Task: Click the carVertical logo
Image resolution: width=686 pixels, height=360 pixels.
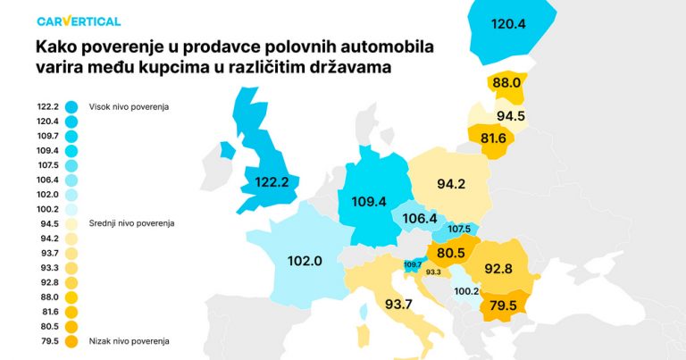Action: click(79, 21)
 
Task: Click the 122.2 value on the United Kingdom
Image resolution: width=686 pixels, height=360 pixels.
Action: click(271, 181)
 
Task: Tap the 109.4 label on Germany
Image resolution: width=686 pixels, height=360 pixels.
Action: click(370, 202)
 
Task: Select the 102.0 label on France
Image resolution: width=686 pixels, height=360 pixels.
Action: click(305, 262)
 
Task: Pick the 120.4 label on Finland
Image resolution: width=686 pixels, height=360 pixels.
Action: click(508, 23)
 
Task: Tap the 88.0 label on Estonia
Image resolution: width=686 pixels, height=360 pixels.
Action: click(506, 82)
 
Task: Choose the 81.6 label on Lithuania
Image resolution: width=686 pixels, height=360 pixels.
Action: click(493, 138)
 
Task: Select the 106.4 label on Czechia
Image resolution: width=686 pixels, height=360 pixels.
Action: click(420, 218)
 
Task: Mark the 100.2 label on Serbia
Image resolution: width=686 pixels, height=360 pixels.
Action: click(465, 290)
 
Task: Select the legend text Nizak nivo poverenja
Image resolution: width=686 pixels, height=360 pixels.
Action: click(129, 340)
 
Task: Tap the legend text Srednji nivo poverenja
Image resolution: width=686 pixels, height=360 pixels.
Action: click(131, 222)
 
